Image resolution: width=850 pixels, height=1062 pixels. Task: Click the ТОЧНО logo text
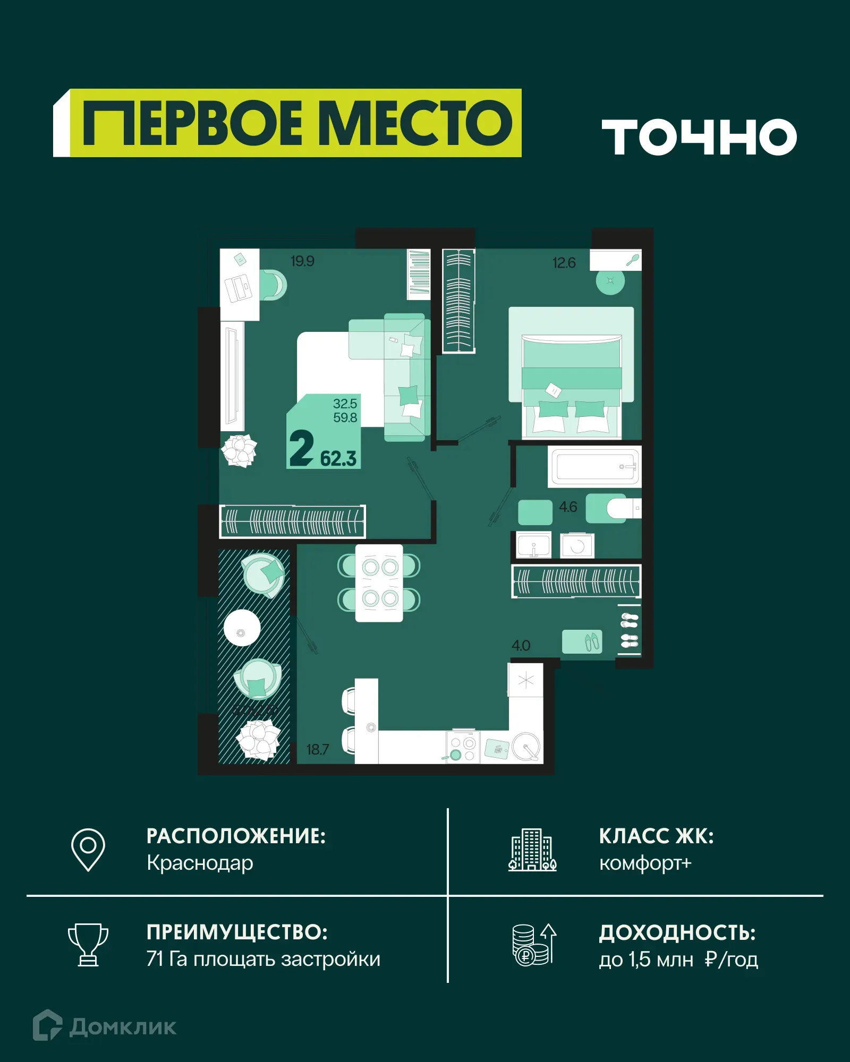pos(699,137)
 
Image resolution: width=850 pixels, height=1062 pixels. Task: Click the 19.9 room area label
pos(302,261)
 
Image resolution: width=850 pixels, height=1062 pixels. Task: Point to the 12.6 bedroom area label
pos(564,263)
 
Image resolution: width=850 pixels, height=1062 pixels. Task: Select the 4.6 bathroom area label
pos(567,507)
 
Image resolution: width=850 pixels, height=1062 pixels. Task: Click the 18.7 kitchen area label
pos(318,749)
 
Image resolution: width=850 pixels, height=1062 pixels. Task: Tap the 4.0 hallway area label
pos(521,645)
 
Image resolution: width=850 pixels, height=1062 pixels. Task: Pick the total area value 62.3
pos(338,458)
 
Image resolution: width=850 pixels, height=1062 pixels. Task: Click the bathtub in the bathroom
pos(594,467)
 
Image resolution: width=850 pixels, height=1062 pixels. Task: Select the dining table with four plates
pos(379,583)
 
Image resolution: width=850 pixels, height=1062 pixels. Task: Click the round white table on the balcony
pos(242,628)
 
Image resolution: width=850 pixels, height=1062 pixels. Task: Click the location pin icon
pos(88,849)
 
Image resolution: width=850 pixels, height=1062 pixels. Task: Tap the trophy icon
pos(88,945)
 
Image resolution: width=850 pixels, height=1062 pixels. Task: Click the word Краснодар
pos(200,863)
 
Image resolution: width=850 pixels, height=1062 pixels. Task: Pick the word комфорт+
pos(645,863)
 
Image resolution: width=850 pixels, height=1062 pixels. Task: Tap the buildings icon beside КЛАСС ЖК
pos(532,850)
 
